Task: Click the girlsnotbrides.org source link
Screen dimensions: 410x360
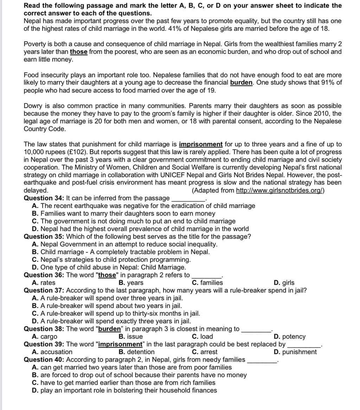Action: pos(279,190)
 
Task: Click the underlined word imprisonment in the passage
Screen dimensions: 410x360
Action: pos(200,144)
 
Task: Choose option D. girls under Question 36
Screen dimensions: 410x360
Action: pos(284,283)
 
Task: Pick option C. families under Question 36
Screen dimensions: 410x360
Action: pos(207,283)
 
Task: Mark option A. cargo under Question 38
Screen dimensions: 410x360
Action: pos(44,336)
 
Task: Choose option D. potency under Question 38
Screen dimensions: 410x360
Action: pos(289,336)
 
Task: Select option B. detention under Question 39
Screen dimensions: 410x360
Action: pos(136,352)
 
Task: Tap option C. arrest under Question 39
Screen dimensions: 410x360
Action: pos(205,352)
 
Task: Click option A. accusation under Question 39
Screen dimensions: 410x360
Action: pos(52,352)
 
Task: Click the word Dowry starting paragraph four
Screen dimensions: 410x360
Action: pos(33,106)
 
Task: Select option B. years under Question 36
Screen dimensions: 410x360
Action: pos(131,283)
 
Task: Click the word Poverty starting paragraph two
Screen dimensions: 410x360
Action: pos(35,44)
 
